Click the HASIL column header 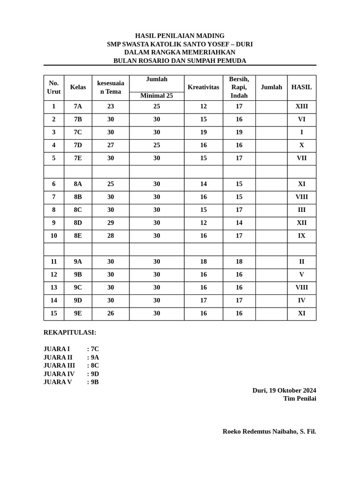301,87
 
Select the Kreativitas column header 203,87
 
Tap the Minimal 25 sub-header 157,96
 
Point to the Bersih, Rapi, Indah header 239,87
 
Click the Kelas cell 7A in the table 78,106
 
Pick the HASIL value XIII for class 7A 301,106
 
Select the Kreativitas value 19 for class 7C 203,132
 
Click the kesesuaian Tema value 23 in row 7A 111,106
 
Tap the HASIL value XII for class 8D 301,223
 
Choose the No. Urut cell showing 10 54,236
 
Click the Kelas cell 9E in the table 78,313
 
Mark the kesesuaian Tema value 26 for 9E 111,313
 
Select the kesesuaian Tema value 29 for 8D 111,223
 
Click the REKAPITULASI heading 70,332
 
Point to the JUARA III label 59,366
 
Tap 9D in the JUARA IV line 95,374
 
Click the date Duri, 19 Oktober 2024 284,390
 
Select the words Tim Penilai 300,398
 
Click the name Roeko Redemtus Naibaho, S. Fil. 269,431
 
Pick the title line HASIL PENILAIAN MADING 180,36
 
